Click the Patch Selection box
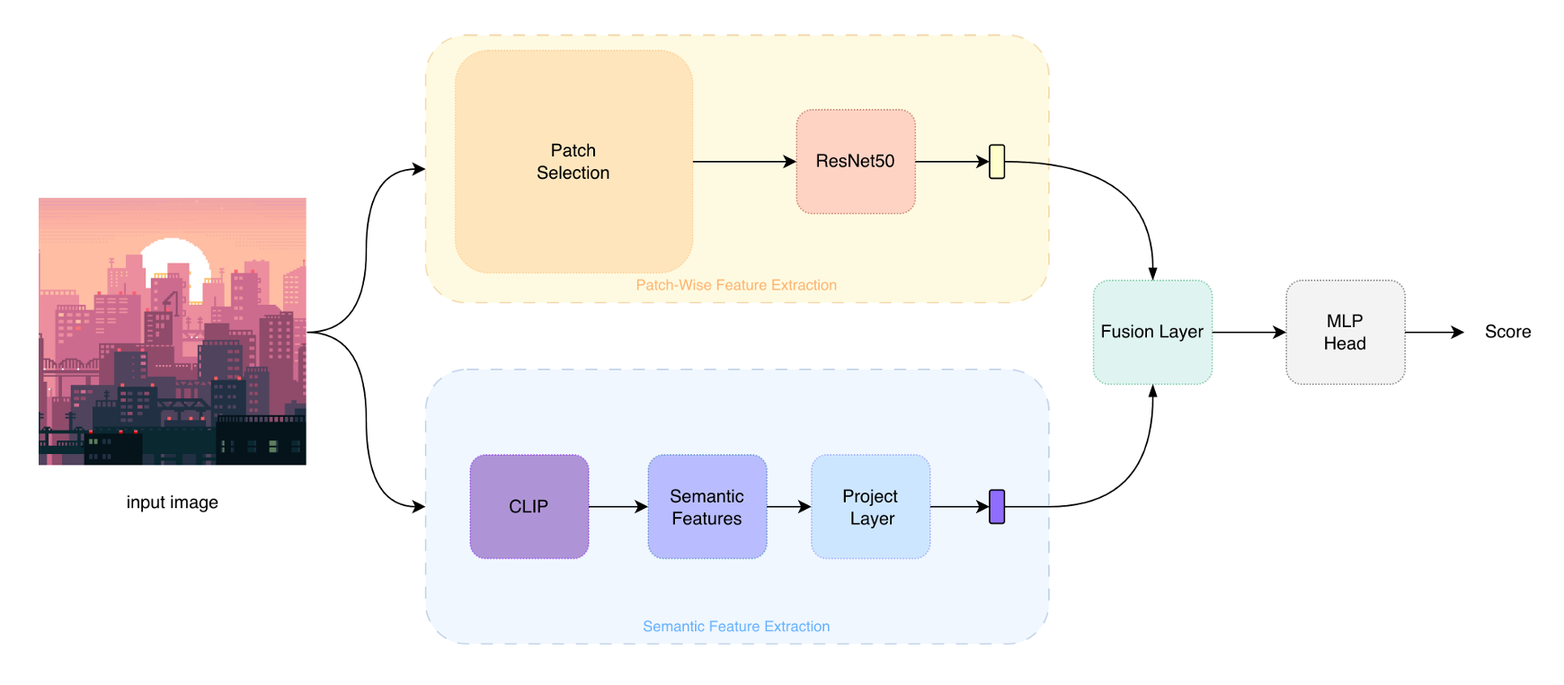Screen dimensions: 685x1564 [x=573, y=162]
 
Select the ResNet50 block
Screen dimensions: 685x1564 [x=855, y=162]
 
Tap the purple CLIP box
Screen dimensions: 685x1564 [x=529, y=507]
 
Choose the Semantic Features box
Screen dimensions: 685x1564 [x=706, y=507]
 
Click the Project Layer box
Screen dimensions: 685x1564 [x=870, y=507]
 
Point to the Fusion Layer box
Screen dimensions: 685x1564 [x=1151, y=332]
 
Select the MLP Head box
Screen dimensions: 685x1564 [x=1345, y=332]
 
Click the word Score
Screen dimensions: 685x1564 [x=1507, y=332]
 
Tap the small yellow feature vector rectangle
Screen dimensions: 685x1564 [x=996, y=162]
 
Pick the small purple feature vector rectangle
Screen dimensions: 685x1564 [x=996, y=507]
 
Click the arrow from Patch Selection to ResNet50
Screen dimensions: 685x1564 [x=743, y=162]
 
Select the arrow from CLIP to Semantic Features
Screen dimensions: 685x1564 [x=618, y=507]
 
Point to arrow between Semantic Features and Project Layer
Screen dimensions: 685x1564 [x=788, y=507]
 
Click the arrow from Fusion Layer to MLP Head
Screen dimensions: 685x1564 [x=1249, y=333]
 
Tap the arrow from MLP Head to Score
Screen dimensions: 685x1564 [x=1434, y=333]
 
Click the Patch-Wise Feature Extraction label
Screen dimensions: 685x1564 [x=736, y=285]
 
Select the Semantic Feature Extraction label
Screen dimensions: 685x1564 [x=736, y=627]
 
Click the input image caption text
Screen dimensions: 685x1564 [x=172, y=503]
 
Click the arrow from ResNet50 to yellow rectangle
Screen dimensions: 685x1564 [x=951, y=162]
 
